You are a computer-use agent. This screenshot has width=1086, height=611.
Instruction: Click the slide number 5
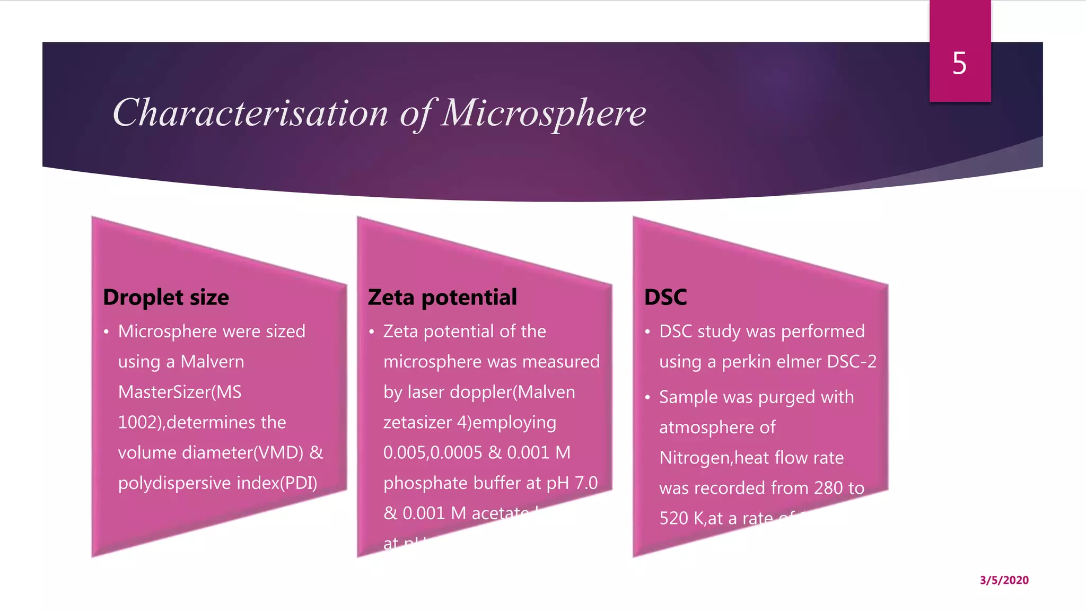coord(959,64)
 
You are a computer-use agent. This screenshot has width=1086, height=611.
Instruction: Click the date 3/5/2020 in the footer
coord(1004,580)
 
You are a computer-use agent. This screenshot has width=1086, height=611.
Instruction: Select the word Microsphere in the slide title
coord(544,113)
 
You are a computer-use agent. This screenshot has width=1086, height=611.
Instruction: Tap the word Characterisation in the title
coord(250,113)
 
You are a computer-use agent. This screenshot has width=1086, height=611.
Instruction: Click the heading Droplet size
coord(166,298)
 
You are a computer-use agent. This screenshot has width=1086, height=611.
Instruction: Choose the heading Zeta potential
coord(442,298)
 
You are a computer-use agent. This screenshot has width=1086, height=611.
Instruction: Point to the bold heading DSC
coord(665,298)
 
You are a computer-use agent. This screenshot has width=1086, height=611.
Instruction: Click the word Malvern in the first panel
coord(212,362)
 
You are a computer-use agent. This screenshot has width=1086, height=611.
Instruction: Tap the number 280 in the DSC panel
coord(828,488)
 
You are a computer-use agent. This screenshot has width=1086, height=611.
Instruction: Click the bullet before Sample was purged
coord(647,398)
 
